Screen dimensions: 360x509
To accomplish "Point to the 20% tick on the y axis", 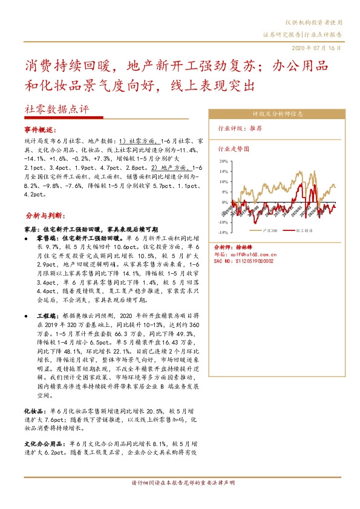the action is (x=223, y=162).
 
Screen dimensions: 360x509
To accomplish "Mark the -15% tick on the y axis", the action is (x=222, y=232).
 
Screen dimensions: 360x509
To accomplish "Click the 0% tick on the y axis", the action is (x=224, y=202).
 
